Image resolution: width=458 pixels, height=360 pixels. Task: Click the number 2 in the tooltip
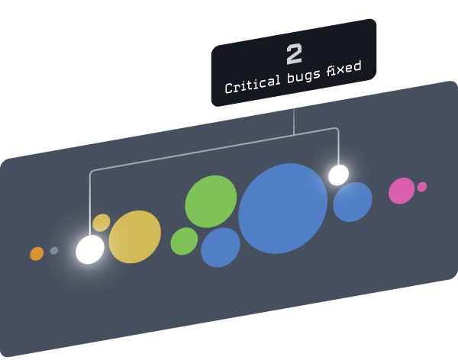294,54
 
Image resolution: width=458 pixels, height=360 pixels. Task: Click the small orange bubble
37,253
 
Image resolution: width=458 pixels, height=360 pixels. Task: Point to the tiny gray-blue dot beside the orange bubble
54,250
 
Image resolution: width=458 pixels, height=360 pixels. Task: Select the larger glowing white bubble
90,249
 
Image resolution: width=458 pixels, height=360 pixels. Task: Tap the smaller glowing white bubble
338,175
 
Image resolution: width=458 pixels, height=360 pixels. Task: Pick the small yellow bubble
102,223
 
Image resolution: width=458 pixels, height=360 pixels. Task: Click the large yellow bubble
135,236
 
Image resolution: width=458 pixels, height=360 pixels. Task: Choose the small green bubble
184,241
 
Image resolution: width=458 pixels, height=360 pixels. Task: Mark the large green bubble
211,201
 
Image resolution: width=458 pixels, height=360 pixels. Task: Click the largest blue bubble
282,208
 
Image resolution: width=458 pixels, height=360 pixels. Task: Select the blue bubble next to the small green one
221,247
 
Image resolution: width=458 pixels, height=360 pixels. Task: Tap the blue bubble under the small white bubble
353,202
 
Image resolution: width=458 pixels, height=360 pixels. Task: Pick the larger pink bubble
402,191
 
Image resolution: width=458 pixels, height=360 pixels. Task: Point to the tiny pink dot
422,187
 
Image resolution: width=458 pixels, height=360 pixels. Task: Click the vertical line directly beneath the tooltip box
294,114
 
